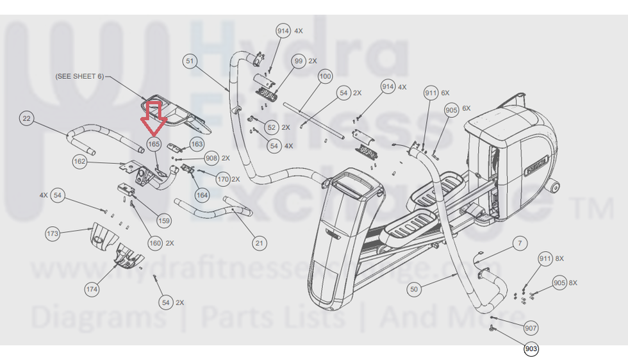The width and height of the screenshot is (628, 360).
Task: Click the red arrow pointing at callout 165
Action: tap(154, 115)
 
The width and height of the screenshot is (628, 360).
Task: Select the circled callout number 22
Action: tap(26, 119)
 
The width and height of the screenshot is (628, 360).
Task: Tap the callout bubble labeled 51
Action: tap(189, 61)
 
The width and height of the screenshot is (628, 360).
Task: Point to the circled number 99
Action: tap(298, 61)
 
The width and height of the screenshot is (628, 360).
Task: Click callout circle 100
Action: tap(326, 76)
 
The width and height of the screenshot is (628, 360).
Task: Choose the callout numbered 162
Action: tap(79, 161)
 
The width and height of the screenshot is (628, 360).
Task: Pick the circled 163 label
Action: tap(197, 145)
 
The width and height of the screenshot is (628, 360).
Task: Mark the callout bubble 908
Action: tap(211, 158)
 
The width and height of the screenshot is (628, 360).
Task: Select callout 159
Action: tap(164, 221)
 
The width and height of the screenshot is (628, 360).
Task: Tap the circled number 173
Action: tap(52, 233)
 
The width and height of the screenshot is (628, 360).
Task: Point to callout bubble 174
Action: tap(92, 290)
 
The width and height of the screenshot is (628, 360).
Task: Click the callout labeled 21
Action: tap(259, 243)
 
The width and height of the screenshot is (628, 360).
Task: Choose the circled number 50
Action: tap(414, 290)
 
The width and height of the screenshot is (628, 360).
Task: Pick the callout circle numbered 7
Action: tap(520, 243)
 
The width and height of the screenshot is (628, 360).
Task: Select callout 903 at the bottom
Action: tap(531, 349)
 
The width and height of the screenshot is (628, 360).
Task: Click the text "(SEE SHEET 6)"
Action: tap(79, 76)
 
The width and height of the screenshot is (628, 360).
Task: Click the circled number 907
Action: tap(531, 328)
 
